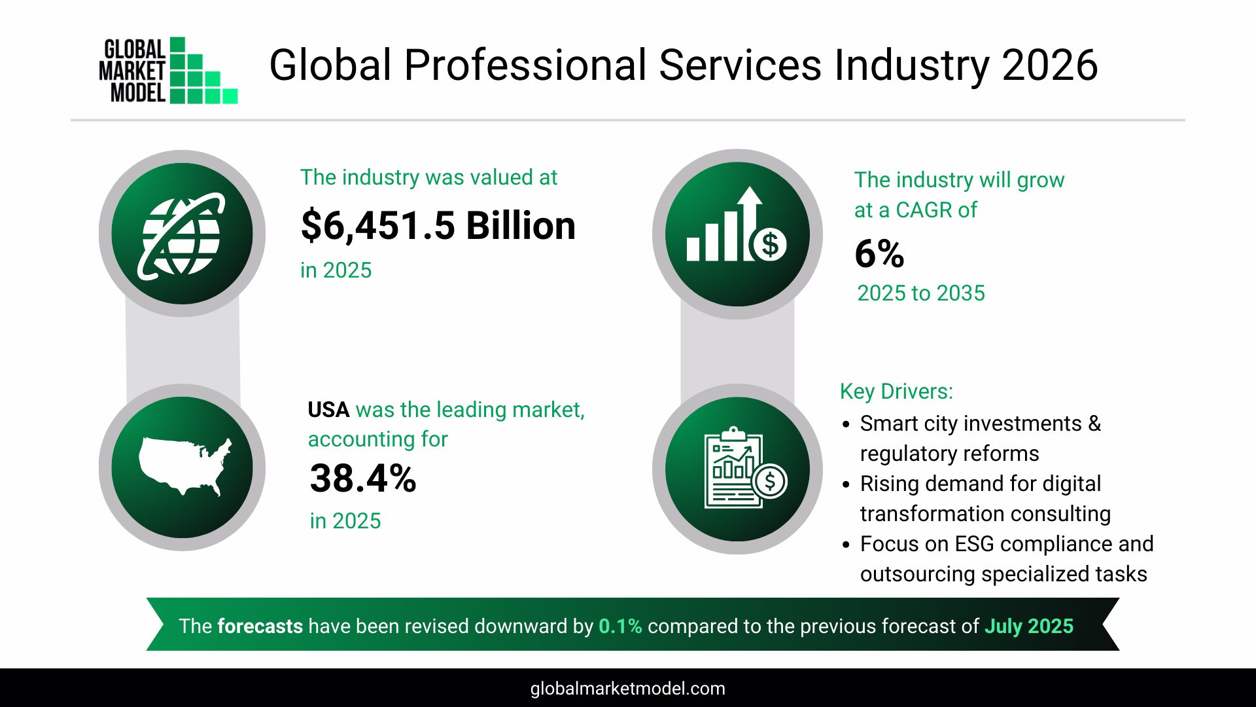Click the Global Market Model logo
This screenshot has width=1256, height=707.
tap(168, 71)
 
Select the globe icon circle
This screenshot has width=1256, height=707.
tap(182, 234)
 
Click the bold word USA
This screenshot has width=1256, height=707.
tap(328, 410)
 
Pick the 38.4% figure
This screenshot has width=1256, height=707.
tap(362, 479)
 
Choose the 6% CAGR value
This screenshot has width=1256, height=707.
tap(879, 255)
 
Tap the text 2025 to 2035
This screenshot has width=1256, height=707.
tap(920, 293)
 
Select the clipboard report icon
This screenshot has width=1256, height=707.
tap(737, 468)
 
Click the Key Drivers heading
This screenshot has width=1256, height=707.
tap(896, 391)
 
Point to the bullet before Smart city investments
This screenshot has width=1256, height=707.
tap(846, 425)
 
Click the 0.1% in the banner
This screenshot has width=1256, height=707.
tap(620, 626)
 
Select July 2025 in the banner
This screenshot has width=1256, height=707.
tap(1028, 626)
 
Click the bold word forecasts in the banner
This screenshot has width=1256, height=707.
tap(260, 626)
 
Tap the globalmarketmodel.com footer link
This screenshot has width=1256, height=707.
tap(627, 689)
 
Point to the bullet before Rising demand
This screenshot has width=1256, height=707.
tap(846, 485)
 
